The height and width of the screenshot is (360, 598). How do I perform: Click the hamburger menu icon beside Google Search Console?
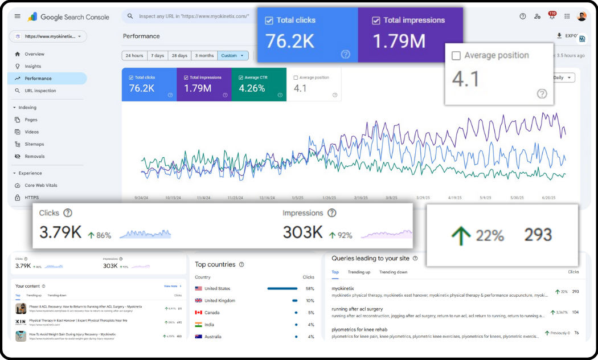click(18, 17)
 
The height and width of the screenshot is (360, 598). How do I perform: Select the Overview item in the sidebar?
click(34, 54)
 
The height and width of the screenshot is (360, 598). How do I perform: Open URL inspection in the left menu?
click(40, 91)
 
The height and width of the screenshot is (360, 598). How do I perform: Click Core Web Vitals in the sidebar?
click(40, 185)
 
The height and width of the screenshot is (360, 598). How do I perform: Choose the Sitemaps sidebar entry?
click(34, 144)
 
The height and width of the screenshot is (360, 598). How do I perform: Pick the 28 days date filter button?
click(179, 56)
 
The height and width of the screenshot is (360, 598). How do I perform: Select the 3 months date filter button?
click(204, 56)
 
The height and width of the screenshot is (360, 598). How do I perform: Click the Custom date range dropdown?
click(234, 56)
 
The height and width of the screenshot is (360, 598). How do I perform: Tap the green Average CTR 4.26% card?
click(259, 84)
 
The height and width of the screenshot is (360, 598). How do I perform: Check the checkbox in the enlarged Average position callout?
click(456, 56)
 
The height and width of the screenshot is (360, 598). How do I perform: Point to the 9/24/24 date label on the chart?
click(142, 198)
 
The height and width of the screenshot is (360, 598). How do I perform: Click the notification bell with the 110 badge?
click(551, 17)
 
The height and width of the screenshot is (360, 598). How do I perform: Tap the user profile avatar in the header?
click(581, 17)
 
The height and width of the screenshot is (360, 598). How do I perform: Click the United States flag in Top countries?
click(199, 289)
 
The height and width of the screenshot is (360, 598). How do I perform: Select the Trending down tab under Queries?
click(393, 272)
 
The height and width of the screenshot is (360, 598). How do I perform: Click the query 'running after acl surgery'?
click(357, 309)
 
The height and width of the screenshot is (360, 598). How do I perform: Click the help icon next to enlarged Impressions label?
click(332, 213)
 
